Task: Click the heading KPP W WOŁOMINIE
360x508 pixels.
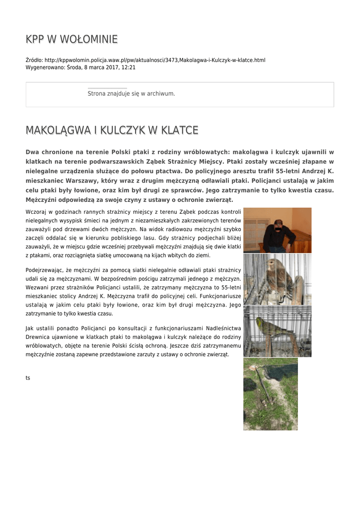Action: click(x=72, y=39)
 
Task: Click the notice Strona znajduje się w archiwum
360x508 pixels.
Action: click(x=131, y=93)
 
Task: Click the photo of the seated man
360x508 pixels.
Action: click(x=277, y=230)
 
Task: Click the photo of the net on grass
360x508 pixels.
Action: click(x=270, y=394)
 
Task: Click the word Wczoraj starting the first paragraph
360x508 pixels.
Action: click(x=36, y=212)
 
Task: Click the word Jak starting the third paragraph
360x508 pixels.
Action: click(x=29, y=328)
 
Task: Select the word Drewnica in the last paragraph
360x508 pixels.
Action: click(x=39, y=337)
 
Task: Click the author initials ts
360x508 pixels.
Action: click(x=28, y=378)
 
